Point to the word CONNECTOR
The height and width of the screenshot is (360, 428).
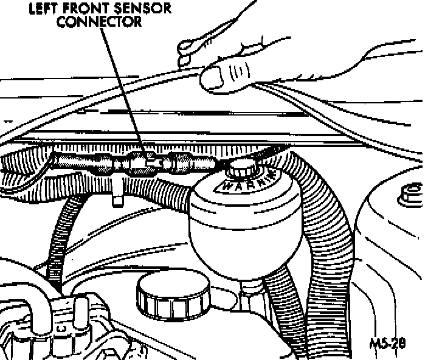[x=109, y=21]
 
